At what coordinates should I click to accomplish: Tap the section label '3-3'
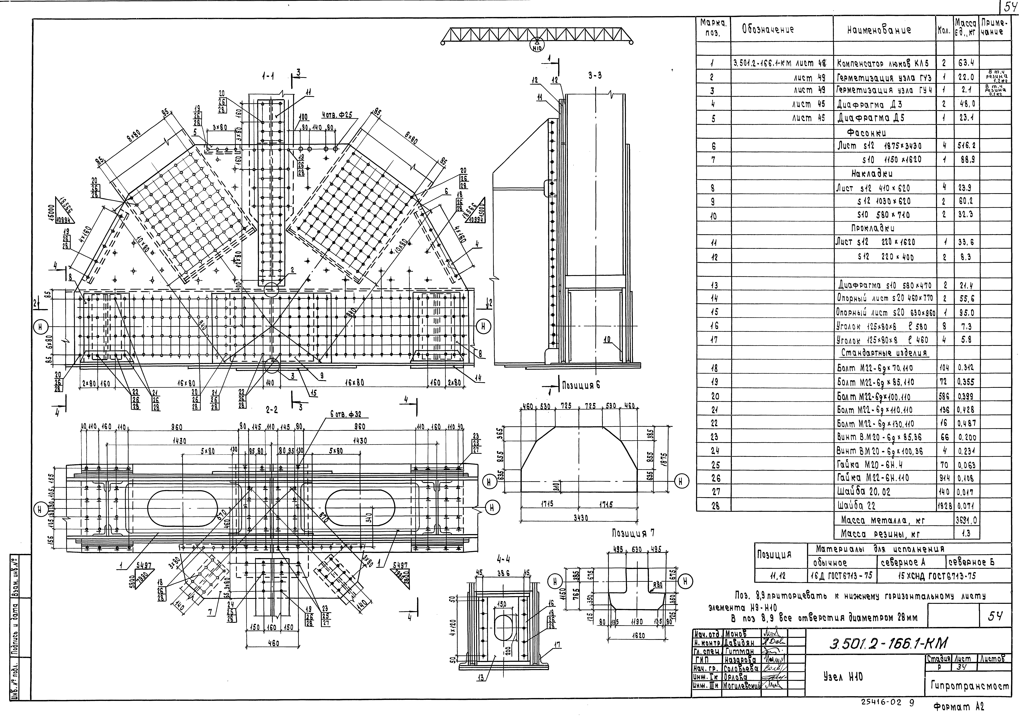tap(595, 75)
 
